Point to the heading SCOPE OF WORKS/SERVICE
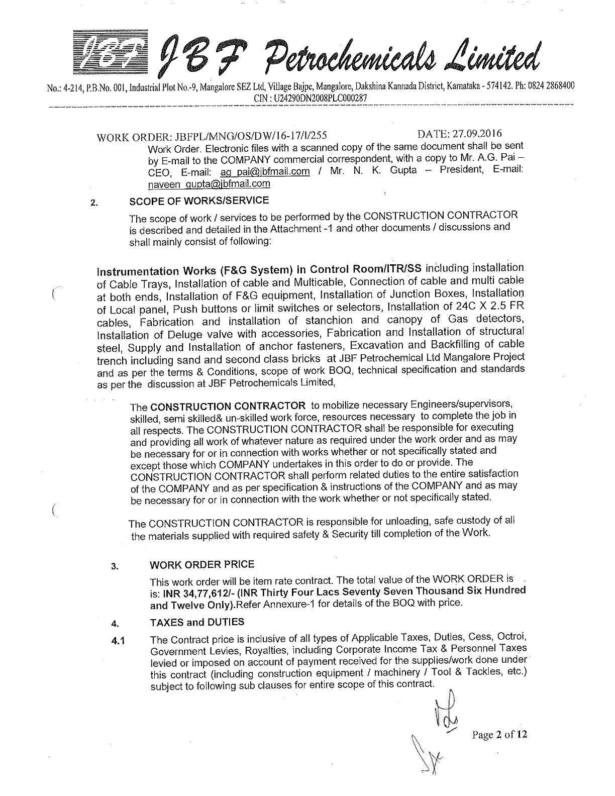click(199, 201)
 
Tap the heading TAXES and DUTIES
click(197, 622)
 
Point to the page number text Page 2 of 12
click(499, 735)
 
